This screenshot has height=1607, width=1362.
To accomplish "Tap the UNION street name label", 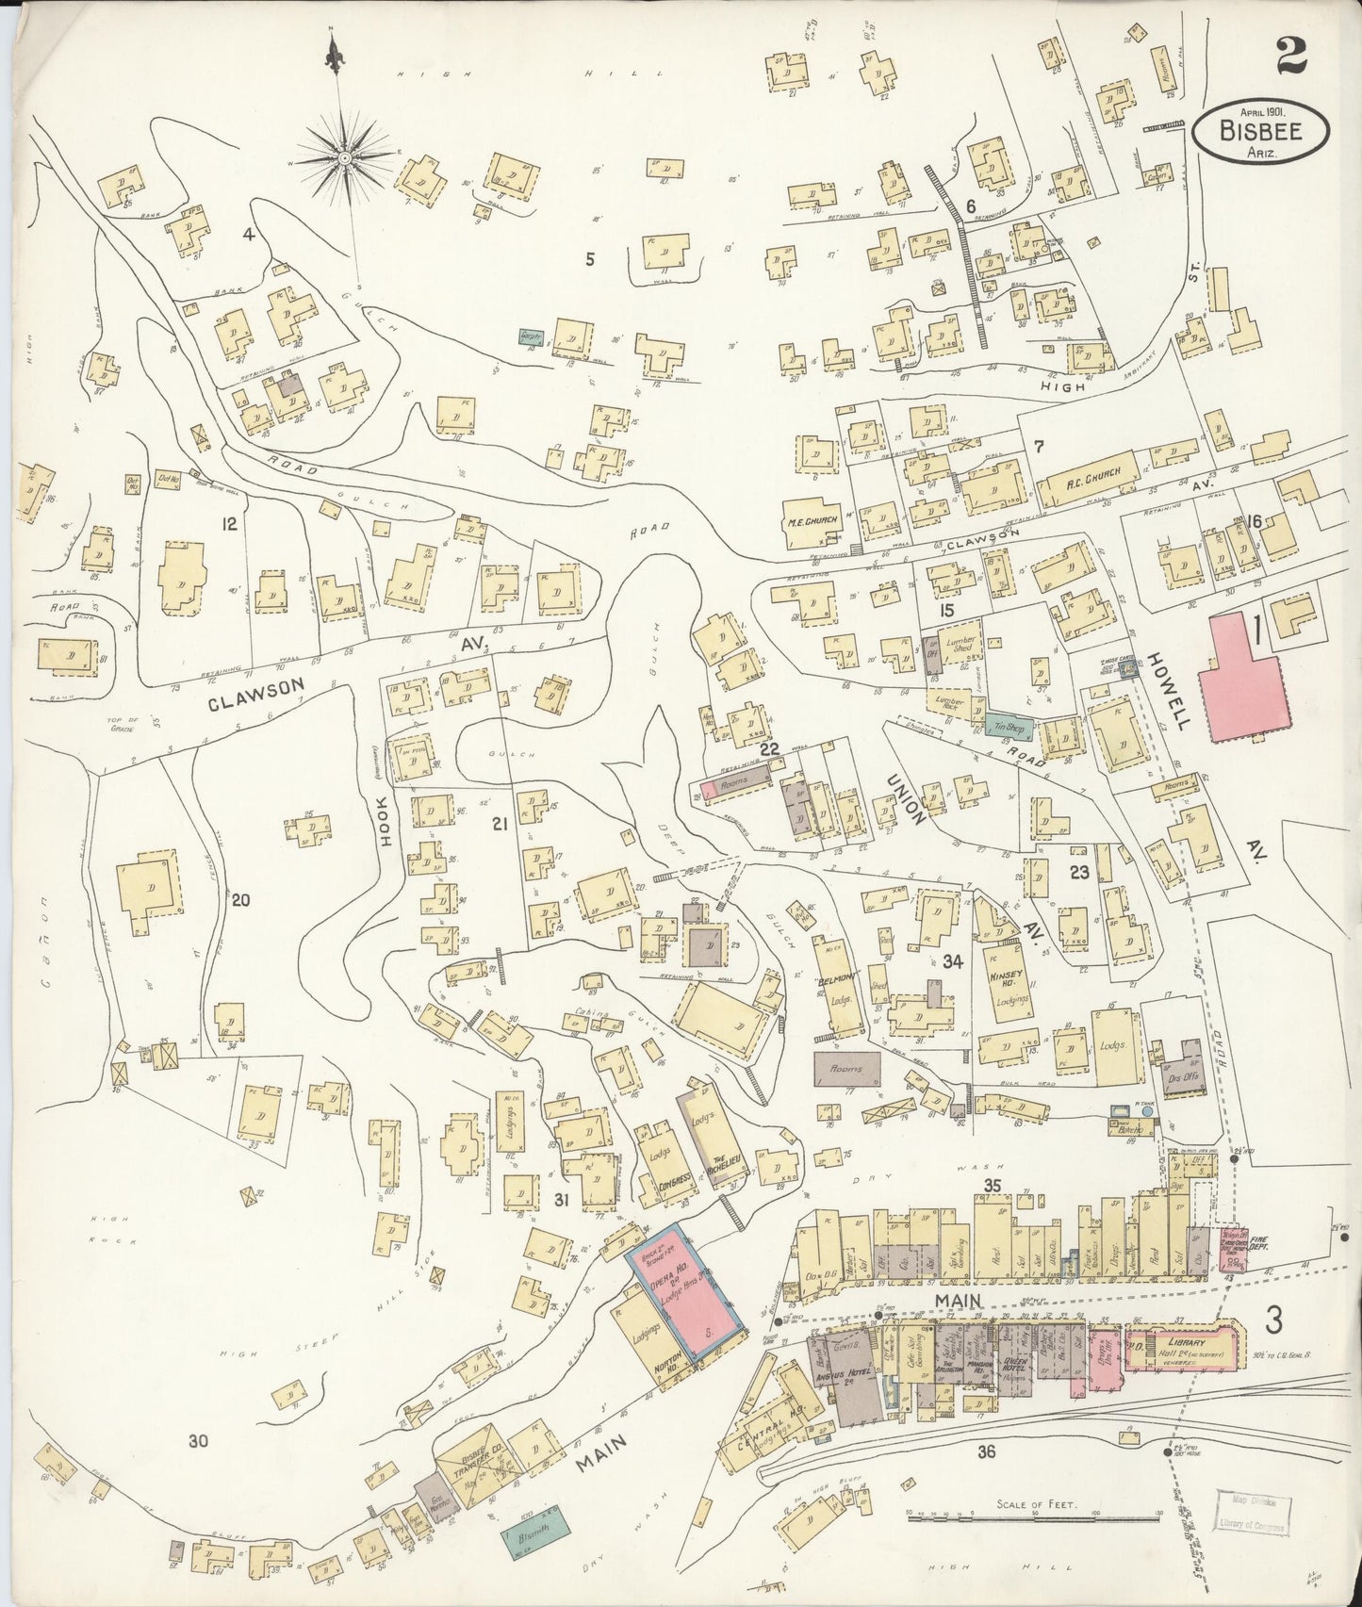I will (x=905, y=797).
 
